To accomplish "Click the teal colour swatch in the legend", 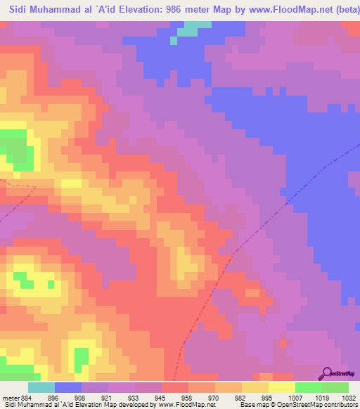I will click(x=41, y=387).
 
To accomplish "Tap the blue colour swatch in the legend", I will click(x=68, y=387).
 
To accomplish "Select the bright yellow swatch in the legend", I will click(x=282, y=387).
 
